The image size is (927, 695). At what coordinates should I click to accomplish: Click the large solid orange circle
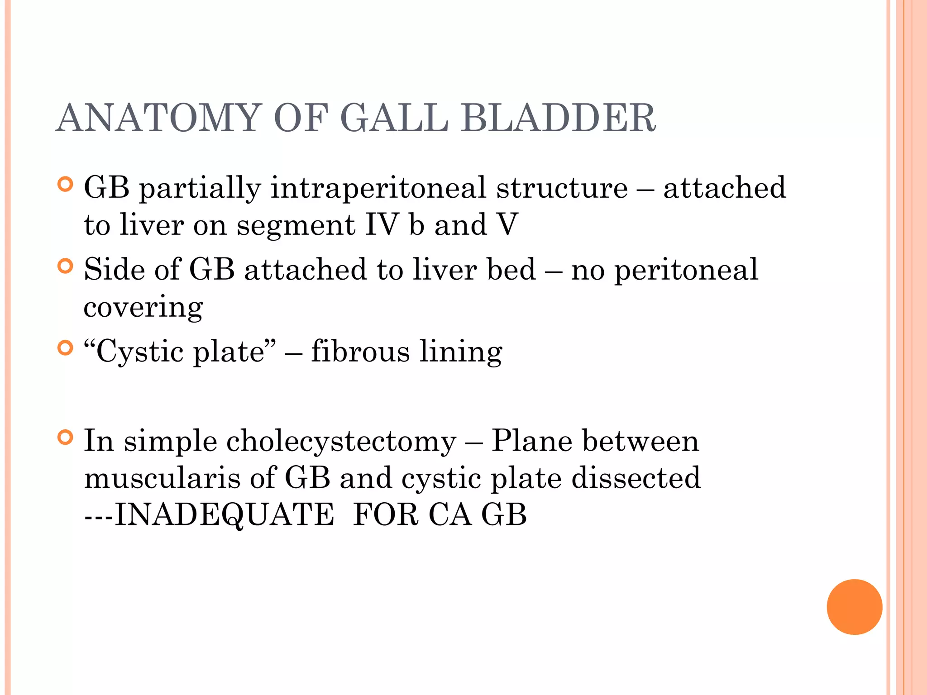point(854,607)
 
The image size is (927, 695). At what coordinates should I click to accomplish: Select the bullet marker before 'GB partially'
point(66,185)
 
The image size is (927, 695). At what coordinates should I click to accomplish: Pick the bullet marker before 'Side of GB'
point(66,266)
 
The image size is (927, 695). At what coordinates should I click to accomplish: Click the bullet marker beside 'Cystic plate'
point(66,348)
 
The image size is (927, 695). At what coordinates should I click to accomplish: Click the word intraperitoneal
point(378,188)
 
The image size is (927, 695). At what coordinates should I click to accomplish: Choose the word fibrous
point(360,352)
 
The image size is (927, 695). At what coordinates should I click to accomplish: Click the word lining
point(461,352)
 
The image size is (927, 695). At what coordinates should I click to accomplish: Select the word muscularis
point(162,478)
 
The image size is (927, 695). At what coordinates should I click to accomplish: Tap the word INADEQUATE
point(224,515)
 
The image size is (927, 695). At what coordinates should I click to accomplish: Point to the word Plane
point(531,441)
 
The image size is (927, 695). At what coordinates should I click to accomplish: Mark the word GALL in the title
point(394,118)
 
